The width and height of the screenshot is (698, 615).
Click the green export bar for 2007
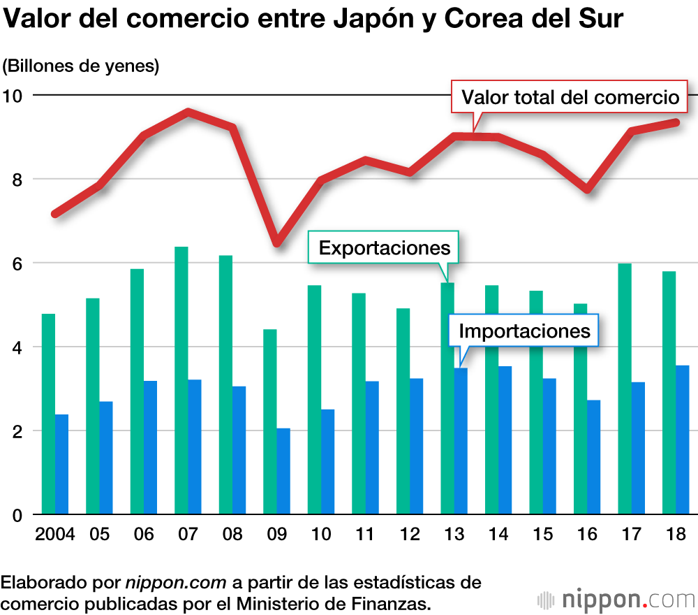tap(181, 381)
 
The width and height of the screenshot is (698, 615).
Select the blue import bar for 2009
tap(283, 472)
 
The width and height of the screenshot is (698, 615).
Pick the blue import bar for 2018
tap(683, 440)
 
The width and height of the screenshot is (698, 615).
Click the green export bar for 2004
tap(48, 414)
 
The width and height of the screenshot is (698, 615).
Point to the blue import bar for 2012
tap(417, 447)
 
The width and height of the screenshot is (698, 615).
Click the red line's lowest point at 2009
tap(277, 242)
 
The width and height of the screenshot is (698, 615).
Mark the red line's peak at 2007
tap(188, 112)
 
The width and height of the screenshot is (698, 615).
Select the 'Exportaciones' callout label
tap(384, 248)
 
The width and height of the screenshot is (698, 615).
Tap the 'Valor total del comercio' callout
tap(570, 96)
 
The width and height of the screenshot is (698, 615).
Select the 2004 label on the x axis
tap(55, 535)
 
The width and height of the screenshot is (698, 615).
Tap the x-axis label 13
tap(454, 535)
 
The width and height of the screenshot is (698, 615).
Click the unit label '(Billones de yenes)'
tap(81, 66)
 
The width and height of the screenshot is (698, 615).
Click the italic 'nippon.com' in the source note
tap(176, 582)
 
